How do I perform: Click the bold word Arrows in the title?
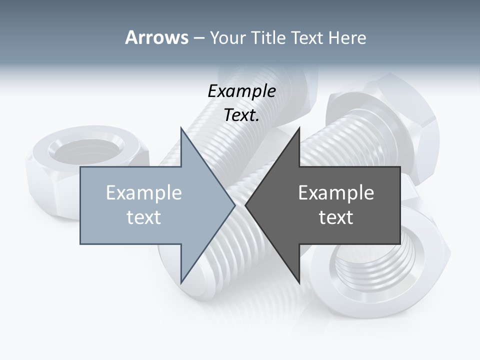156,37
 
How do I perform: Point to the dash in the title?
198,38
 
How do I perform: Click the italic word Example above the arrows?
241,91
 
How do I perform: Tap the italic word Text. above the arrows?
241,115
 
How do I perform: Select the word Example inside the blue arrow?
144,192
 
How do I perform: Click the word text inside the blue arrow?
144,217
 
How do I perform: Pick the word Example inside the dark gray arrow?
336,192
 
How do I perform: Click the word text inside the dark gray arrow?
336,217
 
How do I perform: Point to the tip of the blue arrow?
234,205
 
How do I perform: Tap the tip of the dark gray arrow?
245,205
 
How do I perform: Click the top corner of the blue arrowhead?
181,128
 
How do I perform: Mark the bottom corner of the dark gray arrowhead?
299,282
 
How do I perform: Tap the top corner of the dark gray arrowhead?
299,128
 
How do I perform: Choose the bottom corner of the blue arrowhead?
181,282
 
